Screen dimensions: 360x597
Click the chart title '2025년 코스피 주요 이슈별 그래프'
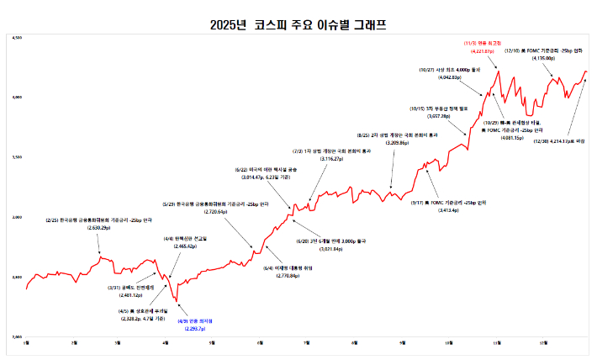pyautogui.click(x=298, y=25)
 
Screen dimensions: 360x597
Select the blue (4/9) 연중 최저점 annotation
pyautogui.click(x=190, y=325)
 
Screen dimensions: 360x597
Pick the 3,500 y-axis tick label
pyautogui.click(x=17, y=158)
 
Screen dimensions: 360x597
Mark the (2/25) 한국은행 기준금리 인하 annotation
pyautogui.click(x=99, y=223)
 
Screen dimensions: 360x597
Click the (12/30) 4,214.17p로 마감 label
pyautogui.click(x=561, y=142)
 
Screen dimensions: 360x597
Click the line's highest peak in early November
pyautogui.click(x=499, y=71)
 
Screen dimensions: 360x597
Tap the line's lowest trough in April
pyautogui.click(x=178, y=300)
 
